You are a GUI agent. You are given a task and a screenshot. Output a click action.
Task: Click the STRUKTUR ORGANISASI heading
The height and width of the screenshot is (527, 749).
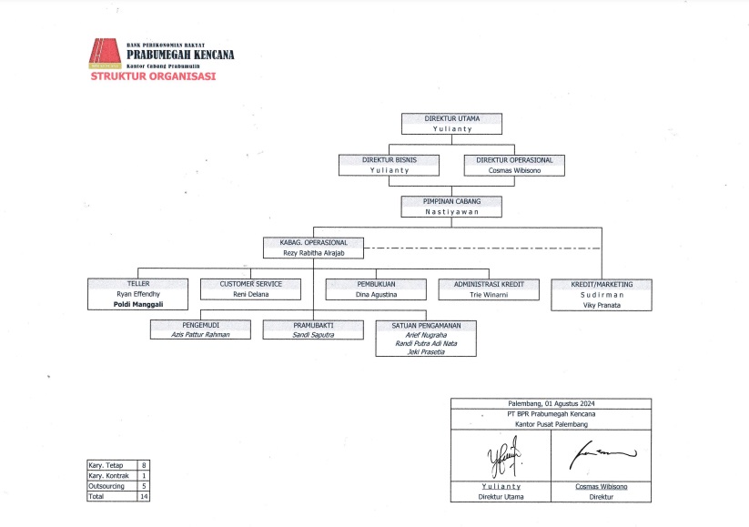pyautogui.click(x=152, y=77)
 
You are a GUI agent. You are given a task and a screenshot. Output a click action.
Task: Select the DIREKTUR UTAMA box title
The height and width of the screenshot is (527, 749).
pyautogui.click(x=452, y=118)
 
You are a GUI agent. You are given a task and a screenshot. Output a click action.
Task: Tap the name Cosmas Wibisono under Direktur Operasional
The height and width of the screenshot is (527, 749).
pyautogui.click(x=514, y=170)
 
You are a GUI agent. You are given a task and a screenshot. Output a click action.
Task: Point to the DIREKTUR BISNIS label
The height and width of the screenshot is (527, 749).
pyautogui.click(x=390, y=159)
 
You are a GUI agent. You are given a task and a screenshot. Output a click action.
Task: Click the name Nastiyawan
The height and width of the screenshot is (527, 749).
pyautogui.click(x=452, y=211)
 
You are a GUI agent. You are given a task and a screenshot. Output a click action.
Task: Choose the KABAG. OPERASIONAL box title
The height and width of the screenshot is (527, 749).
pyautogui.click(x=313, y=243)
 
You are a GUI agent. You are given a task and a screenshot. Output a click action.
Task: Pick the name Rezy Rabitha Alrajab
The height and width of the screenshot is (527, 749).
pyautogui.click(x=313, y=254)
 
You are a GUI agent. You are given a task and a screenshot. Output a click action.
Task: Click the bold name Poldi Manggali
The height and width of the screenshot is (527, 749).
pyautogui.click(x=137, y=305)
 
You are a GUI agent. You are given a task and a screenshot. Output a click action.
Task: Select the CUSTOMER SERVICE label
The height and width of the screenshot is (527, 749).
pyautogui.click(x=250, y=284)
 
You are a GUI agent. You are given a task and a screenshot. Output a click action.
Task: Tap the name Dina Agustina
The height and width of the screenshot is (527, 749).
pyautogui.click(x=376, y=295)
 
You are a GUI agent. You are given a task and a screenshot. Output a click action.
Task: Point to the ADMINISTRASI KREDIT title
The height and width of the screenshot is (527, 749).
pyautogui.click(x=490, y=284)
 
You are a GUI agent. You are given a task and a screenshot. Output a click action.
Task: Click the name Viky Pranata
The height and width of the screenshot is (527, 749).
pyautogui.click(x=602, y=305)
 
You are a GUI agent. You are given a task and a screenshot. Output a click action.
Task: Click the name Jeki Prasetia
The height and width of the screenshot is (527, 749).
pyautogui.click(x=425, y=351)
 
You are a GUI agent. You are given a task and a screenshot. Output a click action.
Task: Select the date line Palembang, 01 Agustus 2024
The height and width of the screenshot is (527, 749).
pyautogui.click(x=551, y=403)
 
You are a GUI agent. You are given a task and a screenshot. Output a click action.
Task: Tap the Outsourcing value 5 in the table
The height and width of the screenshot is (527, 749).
pyautogui.click(x=145, y=487)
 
